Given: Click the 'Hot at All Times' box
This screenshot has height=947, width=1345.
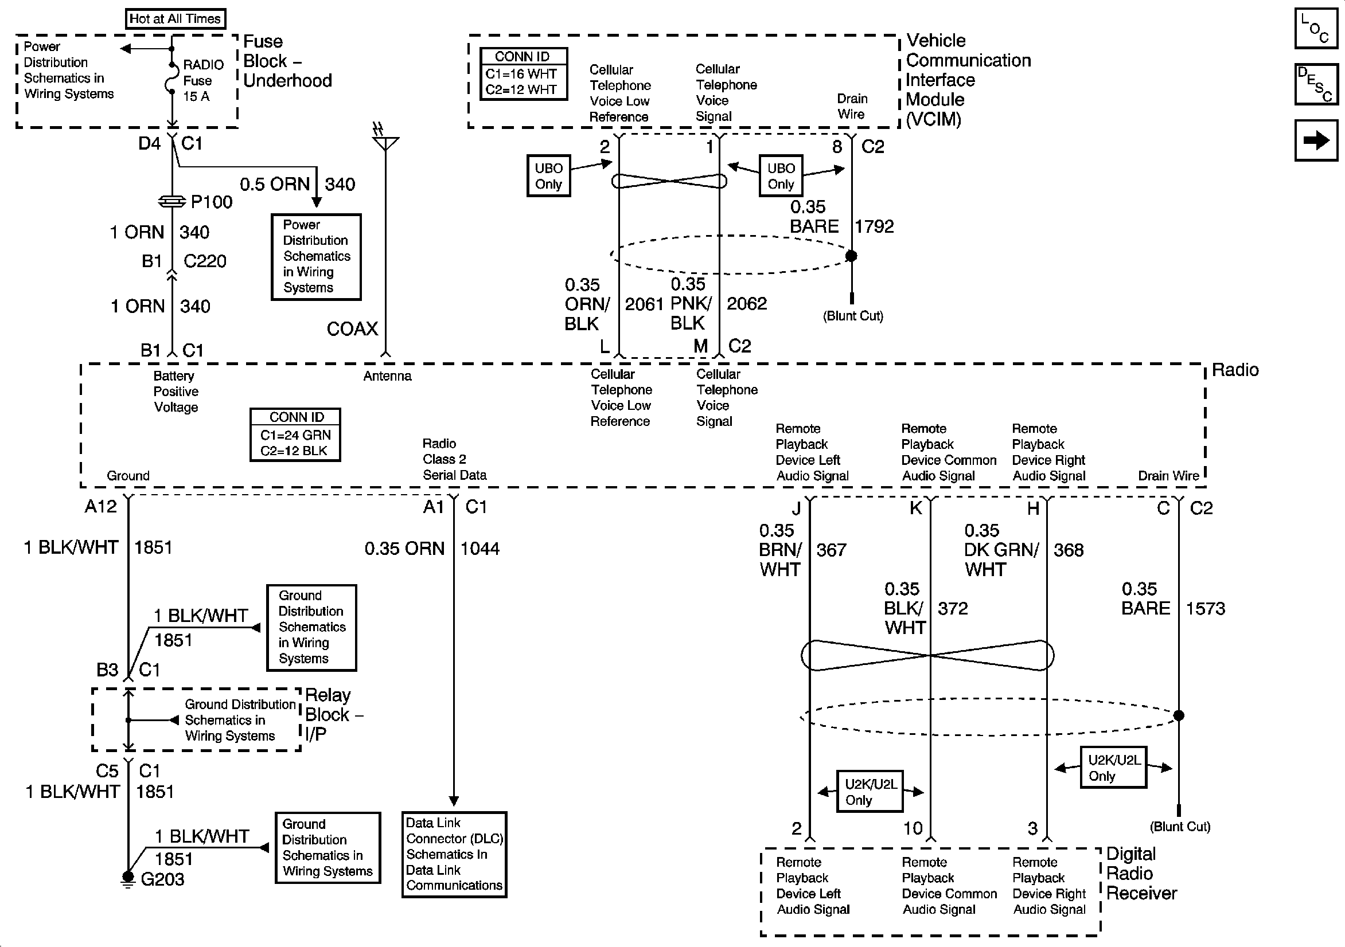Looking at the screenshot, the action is point(175,19).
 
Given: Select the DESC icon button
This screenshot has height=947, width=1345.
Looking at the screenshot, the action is point(1316,84).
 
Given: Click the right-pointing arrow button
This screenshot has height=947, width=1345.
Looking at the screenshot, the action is point(1316,140).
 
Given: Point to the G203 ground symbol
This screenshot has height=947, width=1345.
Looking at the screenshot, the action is point(128,878).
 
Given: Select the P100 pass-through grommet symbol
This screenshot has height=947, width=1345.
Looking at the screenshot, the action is point(172,201).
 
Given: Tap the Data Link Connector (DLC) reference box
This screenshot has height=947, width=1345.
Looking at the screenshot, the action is point(454,855).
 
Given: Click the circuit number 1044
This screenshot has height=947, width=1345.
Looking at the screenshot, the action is point(479,549).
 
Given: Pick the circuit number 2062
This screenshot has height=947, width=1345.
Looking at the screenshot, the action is point(746,303).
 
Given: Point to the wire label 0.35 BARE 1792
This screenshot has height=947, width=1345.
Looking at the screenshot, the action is point(842,217).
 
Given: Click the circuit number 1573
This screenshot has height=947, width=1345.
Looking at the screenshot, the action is point(1206,608).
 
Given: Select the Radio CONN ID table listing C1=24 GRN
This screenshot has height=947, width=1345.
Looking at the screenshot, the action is point(295,435).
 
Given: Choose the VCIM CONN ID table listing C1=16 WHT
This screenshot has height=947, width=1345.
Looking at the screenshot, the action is point(524,74).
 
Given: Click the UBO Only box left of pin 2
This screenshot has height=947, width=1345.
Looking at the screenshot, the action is point(548,175).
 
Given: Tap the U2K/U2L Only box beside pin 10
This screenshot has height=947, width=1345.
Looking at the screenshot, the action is point(870,791).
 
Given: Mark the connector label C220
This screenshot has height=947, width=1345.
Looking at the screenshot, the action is point(205,261).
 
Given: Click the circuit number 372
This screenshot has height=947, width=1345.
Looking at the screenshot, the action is point(953,608).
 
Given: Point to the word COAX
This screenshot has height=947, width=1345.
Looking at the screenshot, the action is point(352,329).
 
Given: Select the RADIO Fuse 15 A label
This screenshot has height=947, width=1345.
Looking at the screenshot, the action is point(202,80).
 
